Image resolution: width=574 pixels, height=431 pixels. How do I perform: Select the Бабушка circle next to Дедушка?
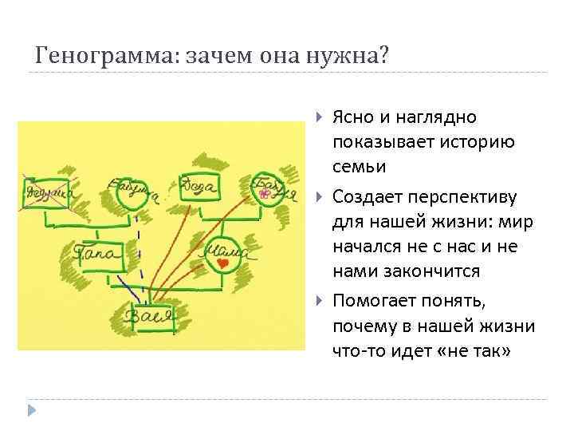click(x=130, y=192)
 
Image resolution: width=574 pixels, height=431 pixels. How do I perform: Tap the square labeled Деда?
click(x=199, y=188)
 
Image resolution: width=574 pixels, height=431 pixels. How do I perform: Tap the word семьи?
click(x=360, y=167)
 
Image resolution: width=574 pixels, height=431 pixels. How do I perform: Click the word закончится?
click(x=431, y=271)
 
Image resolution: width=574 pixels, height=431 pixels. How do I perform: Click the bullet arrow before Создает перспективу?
click(x=319, y=196)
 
